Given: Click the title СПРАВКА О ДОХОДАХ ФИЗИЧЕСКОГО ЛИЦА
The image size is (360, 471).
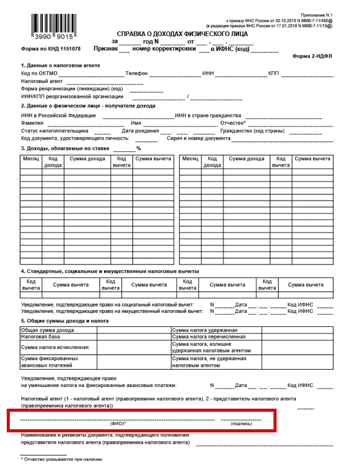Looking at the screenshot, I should pos(182,33).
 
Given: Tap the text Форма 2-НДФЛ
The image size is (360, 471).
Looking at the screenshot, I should pos(313,56).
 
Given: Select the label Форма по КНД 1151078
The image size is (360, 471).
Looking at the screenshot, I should pos(50,49).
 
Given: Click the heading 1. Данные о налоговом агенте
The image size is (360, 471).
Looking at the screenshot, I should pos(60,65).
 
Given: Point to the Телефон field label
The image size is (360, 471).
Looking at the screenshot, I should pos(136,74).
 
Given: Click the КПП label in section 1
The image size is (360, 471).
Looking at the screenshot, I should pos(273,74).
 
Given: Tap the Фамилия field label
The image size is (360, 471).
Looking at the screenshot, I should pos(32,123).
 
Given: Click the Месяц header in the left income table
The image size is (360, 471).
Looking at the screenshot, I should pos(30,159).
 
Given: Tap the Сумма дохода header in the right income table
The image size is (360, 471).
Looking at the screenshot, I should pos(247,159).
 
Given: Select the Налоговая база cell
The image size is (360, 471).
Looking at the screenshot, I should pos(41,337).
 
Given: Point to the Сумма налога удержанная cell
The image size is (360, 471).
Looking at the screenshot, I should pos(204,330).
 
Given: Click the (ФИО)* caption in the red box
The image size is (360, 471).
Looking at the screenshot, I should pos(118,424).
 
